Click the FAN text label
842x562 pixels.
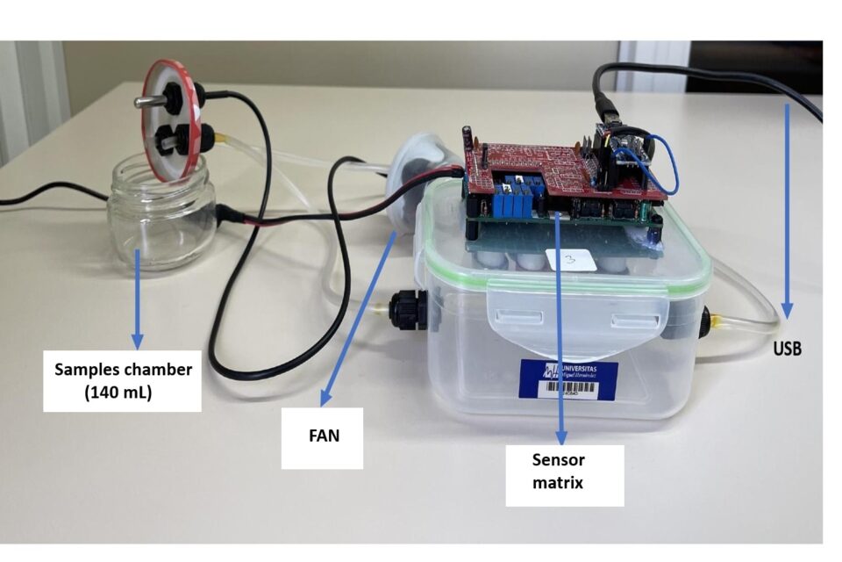[322, 434]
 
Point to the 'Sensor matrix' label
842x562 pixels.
[559, 471]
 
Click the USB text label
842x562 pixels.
[787, 349]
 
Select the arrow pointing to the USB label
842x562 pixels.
[787, 211]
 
